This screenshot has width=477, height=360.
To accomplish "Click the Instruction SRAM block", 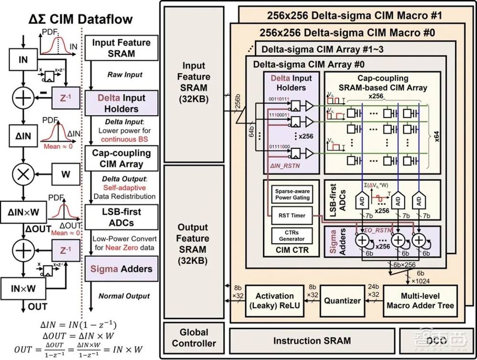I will (x=311, y=340).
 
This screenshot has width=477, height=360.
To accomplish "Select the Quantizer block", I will (x=342, y=301).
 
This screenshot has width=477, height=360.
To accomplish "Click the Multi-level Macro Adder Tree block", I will (x=420, y=301).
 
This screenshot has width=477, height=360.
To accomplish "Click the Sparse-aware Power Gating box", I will (x=291, y=194).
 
